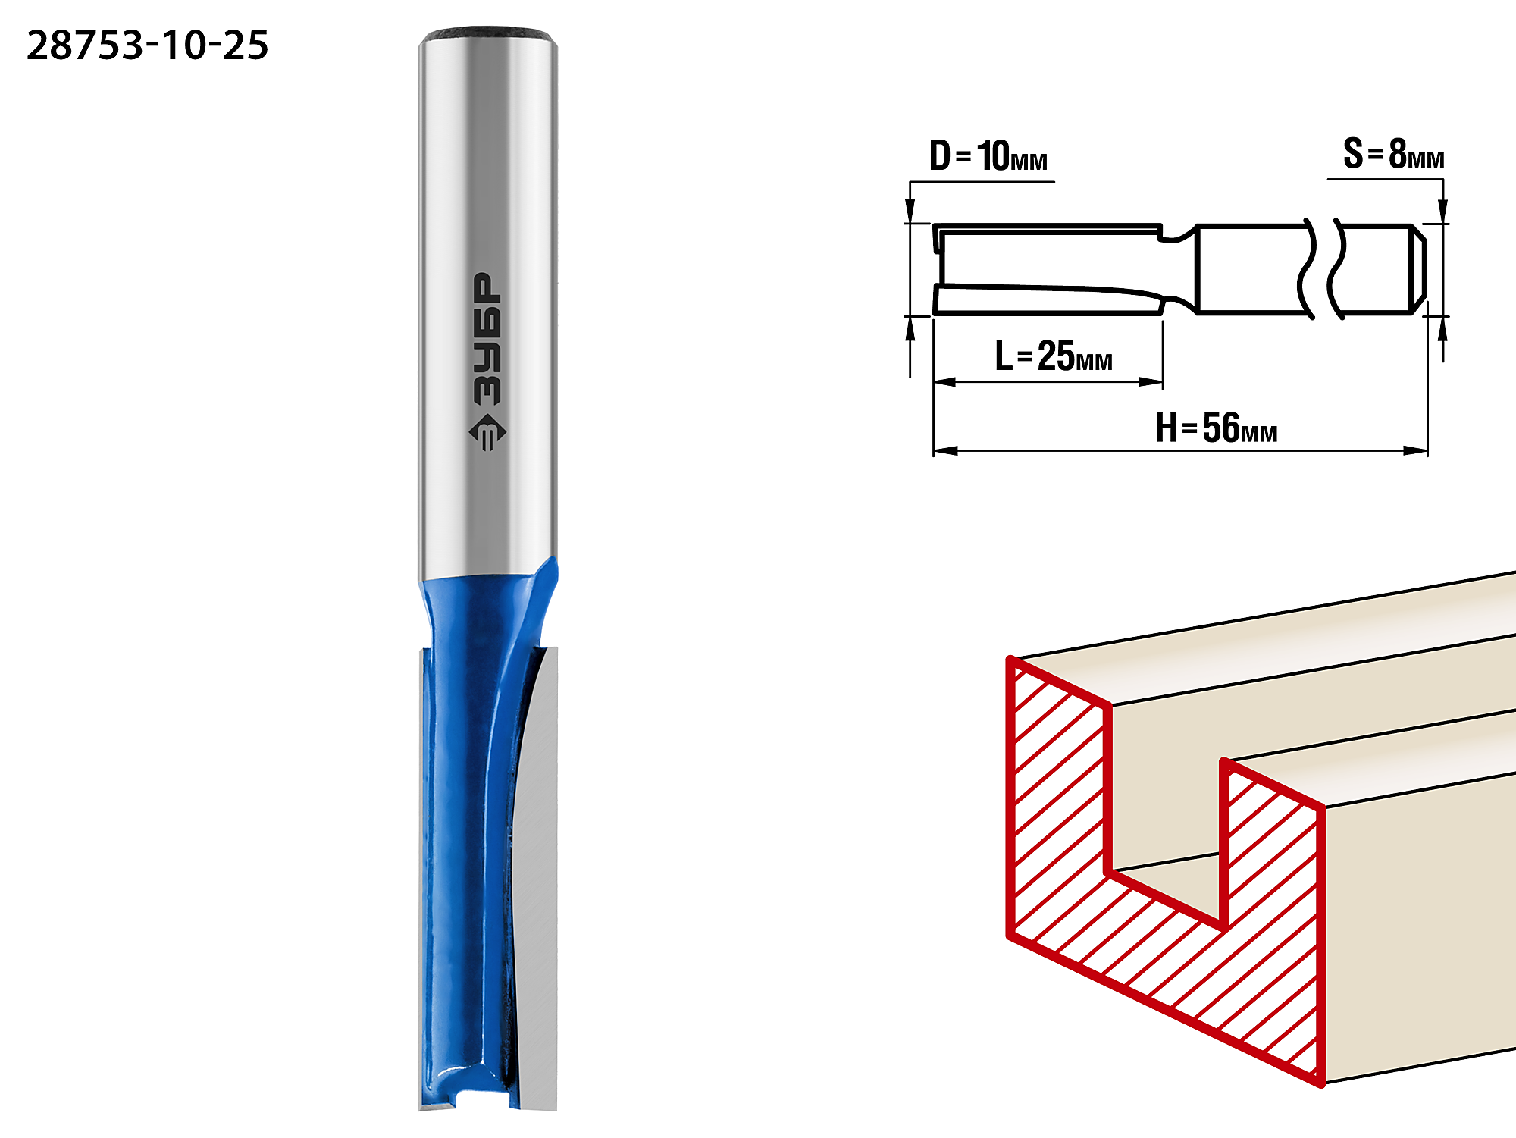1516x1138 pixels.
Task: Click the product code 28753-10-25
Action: click(147, 45)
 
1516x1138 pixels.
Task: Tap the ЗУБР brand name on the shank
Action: click(487, 338)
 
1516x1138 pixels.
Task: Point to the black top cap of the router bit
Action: click(488, 35)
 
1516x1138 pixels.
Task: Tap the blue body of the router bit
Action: click(466, 834)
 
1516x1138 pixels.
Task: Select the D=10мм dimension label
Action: click(988, 156)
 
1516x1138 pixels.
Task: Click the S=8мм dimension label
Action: click(1393, 154)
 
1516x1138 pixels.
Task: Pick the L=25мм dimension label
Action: click(1054, 356)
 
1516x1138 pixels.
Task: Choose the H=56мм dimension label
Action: click(1216, 428)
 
